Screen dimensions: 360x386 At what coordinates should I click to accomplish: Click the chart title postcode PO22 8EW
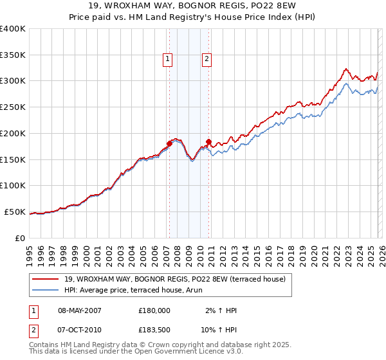click(266, 6)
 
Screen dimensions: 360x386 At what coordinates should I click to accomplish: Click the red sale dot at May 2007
click(169, 143)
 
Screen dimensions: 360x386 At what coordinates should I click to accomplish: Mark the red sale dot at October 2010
click(208, 141)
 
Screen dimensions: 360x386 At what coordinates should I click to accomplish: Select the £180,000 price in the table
click(154, 310)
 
